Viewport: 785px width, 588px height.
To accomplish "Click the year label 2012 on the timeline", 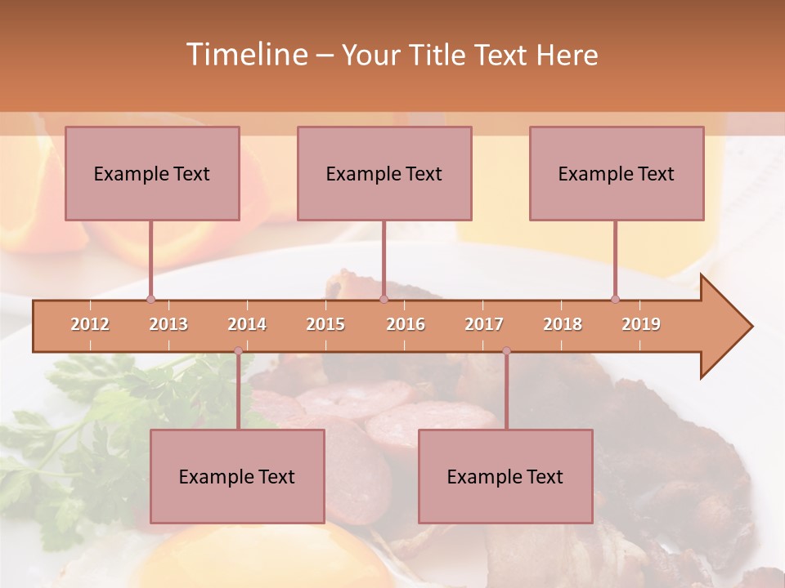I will pyautogui.click(x=90, y=324).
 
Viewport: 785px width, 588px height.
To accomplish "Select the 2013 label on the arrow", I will pyautogui.click(x=168, y=324).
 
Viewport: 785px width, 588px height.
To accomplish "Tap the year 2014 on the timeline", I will pyautogui.click(x=247, y=324).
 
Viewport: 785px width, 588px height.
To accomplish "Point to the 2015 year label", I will pyautogui.click(x=325, y=324).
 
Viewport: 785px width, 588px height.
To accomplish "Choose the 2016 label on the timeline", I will pyautogui.click(x=406, y=324).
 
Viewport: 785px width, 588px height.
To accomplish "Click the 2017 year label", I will pyautogui.click(x=484, y=324).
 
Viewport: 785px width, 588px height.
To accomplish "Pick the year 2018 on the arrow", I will pyautogui.click(x=563, y=324).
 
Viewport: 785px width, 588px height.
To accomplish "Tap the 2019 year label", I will pyautogui.click(x=641, y=324).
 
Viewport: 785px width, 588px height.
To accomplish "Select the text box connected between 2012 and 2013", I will pyautogui.click(x=152, y=174).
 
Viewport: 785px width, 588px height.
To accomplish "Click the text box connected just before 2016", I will pyautogui.click(x=384, y=174).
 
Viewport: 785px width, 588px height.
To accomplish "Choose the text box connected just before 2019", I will pyautogui.click(x=617, y=174).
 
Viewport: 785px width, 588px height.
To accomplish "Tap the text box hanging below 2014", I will pyautogui.click(x=237, y=476).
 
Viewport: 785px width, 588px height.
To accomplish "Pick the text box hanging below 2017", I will pyautogui.click(x=505, y=476).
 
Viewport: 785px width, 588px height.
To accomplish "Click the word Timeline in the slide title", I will pyautogui.click(x=245, y=55).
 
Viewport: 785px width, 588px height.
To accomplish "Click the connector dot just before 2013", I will pyautogui.click(x=150, y=300).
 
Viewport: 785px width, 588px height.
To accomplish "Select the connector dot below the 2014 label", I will pyautogui.click(x=238, y=350).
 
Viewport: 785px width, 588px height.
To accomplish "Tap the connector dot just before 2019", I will pyautogui.click(x=615, y=300).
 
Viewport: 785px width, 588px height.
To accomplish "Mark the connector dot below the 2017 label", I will pyautogui.click(x=506, y=350).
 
